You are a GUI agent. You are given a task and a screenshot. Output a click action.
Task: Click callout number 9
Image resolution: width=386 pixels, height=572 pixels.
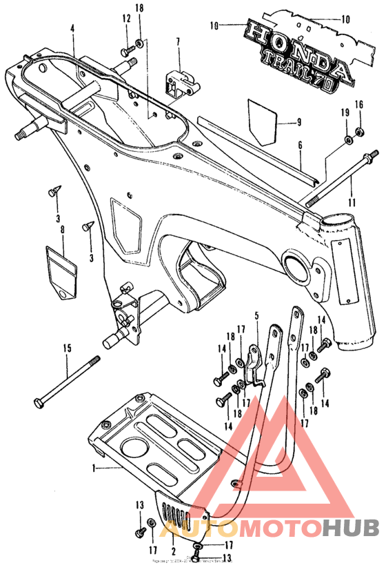pyautogui.click(x=298, y=124)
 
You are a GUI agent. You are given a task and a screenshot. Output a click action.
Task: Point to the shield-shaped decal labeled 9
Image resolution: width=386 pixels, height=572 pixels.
pyautogui.click(x=263, y=119)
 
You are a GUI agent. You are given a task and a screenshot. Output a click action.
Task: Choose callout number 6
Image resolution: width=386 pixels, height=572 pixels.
pyautogui.click(x=300, y=146)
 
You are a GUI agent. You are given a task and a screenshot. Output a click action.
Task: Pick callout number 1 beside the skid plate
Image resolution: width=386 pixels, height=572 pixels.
pyautogui.click(x=94, y=468)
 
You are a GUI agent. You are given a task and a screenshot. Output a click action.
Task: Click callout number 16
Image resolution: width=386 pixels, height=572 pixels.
pyautogui.click(x=358, y=104)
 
